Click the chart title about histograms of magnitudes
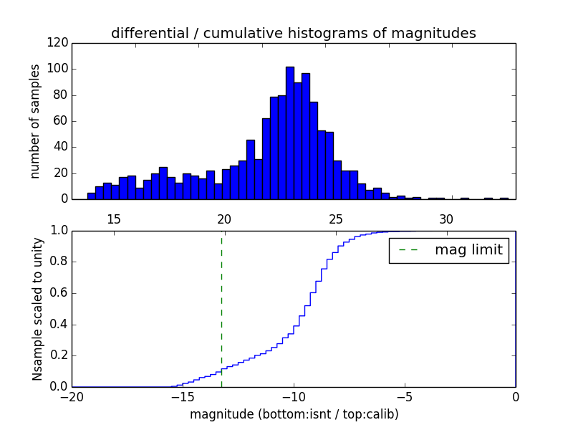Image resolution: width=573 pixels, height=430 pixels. (x=293, y=33)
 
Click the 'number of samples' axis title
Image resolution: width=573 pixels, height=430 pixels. (x=34, y=121)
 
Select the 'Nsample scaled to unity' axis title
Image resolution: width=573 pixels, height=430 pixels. (x=37, y=309)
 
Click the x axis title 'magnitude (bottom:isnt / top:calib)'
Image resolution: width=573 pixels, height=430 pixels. (x=294, y=414)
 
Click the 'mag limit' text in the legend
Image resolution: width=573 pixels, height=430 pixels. (x=468, y=250)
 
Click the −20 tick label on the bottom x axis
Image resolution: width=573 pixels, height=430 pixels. (x=72, y=397)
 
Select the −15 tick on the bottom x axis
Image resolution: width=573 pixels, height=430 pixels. (x=183, y=397)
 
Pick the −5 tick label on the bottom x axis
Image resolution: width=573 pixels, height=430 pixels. (x=405, y=397)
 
